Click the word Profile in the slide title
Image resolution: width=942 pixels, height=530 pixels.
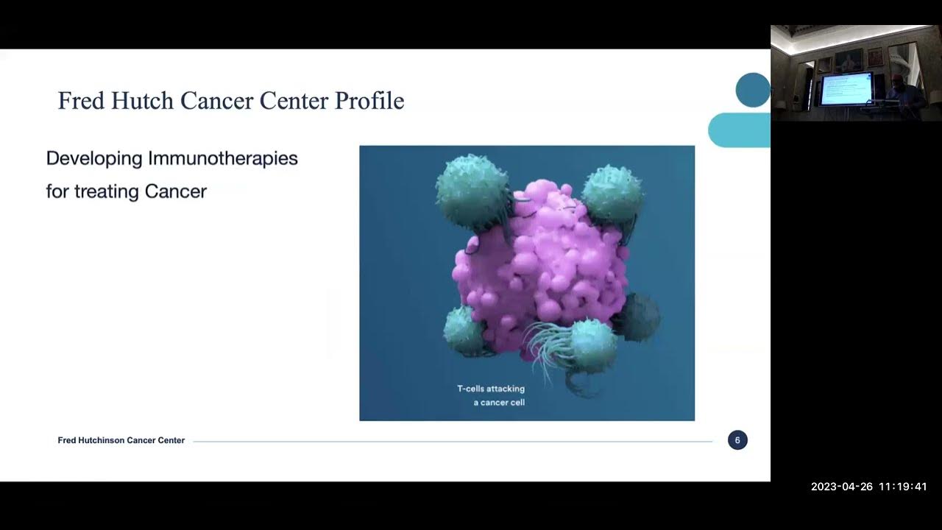[369, 100]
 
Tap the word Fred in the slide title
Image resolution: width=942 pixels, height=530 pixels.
[79, 100]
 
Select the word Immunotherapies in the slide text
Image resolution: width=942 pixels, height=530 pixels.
[223, 158]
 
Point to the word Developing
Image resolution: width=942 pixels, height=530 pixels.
[94, 158]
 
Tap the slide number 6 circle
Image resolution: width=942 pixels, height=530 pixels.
[737, 440]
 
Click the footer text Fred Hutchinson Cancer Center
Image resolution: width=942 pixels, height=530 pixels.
[121, 440]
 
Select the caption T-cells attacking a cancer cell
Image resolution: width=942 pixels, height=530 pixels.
[491, 395]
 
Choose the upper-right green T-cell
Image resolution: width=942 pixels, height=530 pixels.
[612, 193]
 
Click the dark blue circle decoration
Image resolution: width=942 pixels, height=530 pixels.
[752, 90]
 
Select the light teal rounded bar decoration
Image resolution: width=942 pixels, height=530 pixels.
[739, 130]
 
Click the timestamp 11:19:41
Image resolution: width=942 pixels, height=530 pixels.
[902, 487]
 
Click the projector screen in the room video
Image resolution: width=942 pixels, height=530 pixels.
[846, 88]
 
